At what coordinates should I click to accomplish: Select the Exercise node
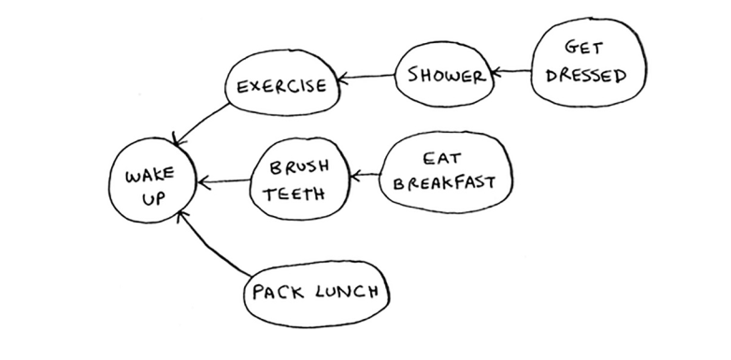[280, 87]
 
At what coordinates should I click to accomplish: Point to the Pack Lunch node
[313, 293]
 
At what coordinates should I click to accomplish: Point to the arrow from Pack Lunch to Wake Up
[210, 241]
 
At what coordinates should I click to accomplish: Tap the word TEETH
[294, 195]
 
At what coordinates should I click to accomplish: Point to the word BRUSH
[298, 166]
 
